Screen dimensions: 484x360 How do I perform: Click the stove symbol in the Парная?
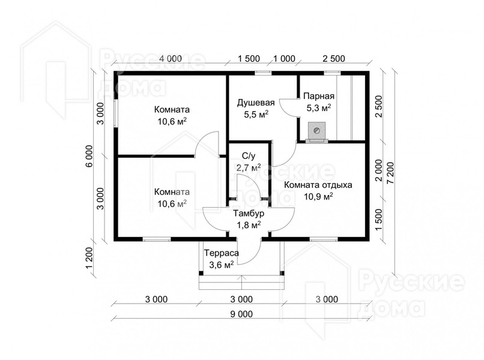(316, 132)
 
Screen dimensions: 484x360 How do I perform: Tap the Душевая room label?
(256, 103)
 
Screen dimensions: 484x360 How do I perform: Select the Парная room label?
(318, 96)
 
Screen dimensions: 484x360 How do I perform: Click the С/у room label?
(249, 156)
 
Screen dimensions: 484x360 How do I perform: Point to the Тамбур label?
(249, 214)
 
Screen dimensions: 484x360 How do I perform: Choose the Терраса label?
(222, 253)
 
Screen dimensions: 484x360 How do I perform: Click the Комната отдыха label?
(318, 185)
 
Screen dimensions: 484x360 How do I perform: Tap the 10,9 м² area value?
(318, 196)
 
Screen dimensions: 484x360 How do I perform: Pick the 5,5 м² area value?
(256, 115)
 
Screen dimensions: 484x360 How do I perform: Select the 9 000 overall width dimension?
(241, 314)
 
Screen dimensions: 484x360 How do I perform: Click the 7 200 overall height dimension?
(390, 173)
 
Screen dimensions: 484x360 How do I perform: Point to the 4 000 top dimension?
(171, 58)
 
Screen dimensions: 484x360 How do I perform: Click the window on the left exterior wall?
(115, 113)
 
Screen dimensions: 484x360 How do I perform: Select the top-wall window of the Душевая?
(263, 73)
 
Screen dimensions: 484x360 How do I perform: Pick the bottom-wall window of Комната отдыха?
(324, 239)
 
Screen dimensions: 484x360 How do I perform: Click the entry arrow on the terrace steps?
(241, 282)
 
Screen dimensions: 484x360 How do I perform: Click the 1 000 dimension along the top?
(284, 58)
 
